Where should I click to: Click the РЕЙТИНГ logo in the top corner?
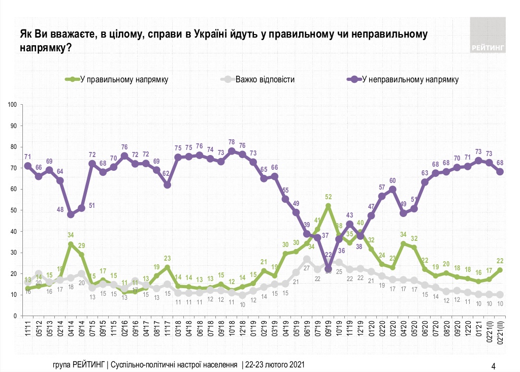point(487,35)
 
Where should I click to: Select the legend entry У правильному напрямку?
point(122,79)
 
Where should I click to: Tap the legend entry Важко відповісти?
point(265,79)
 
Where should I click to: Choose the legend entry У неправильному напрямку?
point(409,79)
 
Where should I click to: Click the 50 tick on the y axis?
point(14,210)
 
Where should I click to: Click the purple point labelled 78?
point(232,151)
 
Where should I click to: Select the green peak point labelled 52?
point(328,206)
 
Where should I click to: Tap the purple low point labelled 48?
point(71,214)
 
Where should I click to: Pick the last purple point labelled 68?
point(500,172)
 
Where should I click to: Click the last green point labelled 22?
point(500,270)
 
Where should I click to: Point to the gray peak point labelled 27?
point(307,259)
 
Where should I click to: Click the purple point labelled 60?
point(393,190)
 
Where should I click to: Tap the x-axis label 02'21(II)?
point(500,331)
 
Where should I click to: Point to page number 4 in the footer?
point(494,365)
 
